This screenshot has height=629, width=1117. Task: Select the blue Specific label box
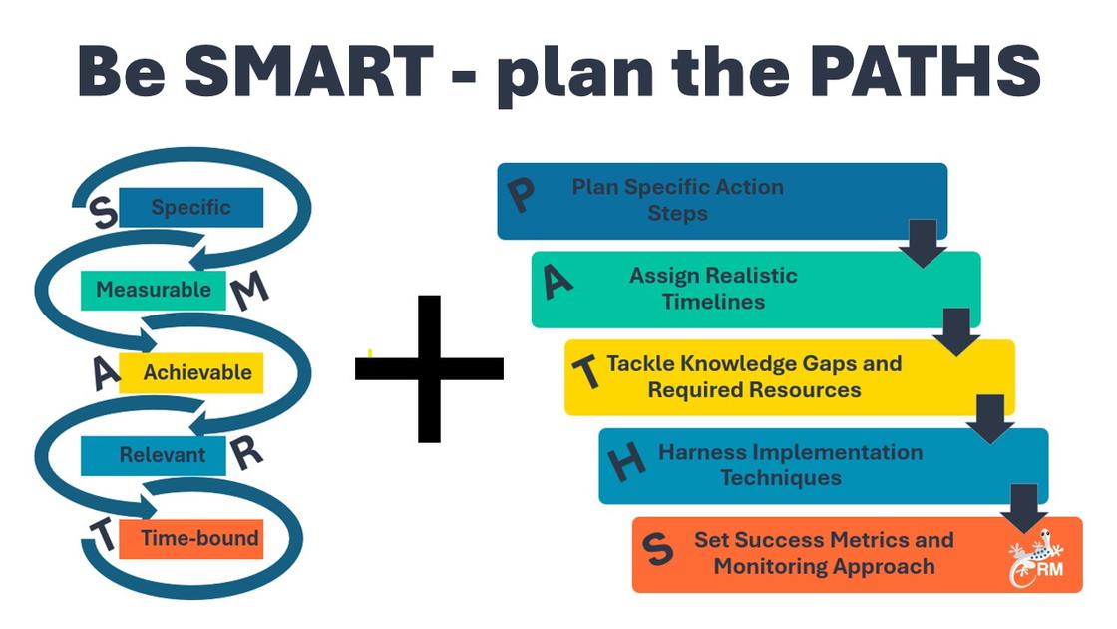pyautogui.click(x=190, y=208)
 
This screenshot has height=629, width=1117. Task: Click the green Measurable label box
pyautogui.click(x=147, y=290)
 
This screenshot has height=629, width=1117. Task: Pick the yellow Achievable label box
pyautogui.click(x=190, y=373)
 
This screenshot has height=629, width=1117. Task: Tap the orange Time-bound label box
pyautogui.click(x=190, y=539)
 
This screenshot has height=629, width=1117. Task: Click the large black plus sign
pyautogui.click(x=429, y=368)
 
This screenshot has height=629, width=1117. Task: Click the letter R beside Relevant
pyautogui.click(x=245, y=455)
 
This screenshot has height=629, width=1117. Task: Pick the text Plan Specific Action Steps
pyautogui.click(x=678, y=200)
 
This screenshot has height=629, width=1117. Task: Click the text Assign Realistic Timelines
pyautogui.click(x=713, y=288)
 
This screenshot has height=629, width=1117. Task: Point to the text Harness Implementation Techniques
pyautogui.click(x=790, y=465)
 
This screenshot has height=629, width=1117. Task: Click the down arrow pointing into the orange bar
pyautogui.click(x=1023, y=508)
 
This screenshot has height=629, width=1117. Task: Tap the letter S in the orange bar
pyautogui.click(x=654, y=548)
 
